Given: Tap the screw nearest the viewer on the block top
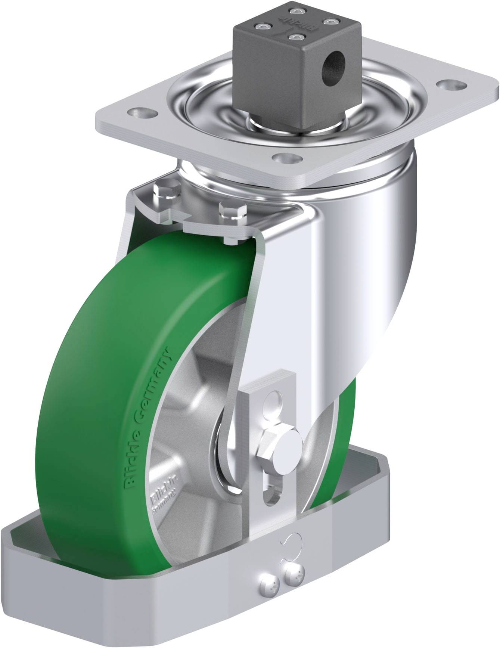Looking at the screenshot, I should pyautogui.click(x=297, y=38).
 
